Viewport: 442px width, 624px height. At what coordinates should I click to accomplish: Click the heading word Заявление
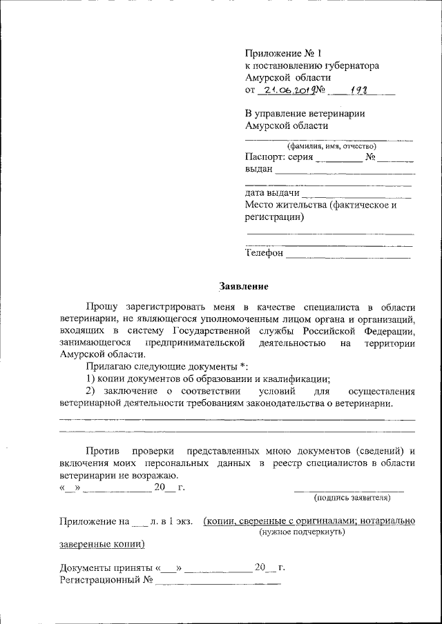pos(243,285)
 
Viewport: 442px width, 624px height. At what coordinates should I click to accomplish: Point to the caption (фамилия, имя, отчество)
pos(330,145)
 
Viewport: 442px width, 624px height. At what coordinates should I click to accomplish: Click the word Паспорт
pos(264,157)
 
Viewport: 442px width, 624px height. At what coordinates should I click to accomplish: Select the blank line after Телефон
pos(348,257)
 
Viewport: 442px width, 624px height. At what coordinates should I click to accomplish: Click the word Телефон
pos(264,253)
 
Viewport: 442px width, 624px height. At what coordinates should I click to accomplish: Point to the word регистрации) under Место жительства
pos(274,217)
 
